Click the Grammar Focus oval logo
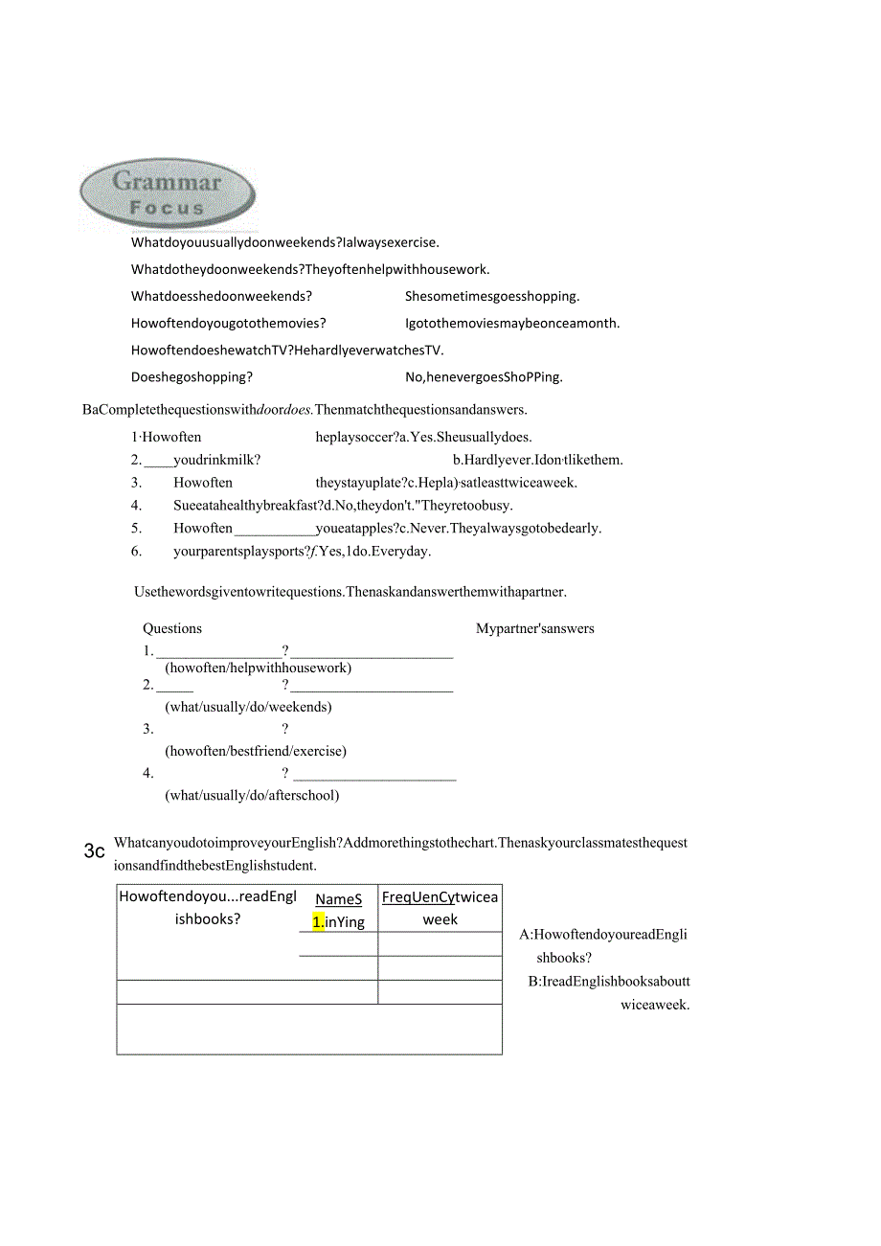coord(168,193)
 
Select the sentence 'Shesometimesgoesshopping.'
coord(492,297)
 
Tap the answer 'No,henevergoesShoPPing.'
coord(484,377)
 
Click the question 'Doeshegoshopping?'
coord(192,377)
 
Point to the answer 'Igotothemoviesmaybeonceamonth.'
coord(512,324)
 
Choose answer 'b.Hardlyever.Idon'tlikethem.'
coord(538,460)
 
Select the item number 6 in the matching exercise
coord(136,552)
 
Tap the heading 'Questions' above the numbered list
coord(172,629)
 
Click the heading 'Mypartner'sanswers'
coord(535,629)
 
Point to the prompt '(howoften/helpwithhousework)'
coord(258,668)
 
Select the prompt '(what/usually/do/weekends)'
coord(248,708)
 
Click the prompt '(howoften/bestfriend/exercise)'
coord(256,752)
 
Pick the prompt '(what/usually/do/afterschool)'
coord(252,796)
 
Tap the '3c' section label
coord(94,850)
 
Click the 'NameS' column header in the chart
coord(339,900)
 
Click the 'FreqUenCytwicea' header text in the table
coord(440,897)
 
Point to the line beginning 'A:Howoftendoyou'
coord(603,935)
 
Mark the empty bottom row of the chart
coord(309,1030)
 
